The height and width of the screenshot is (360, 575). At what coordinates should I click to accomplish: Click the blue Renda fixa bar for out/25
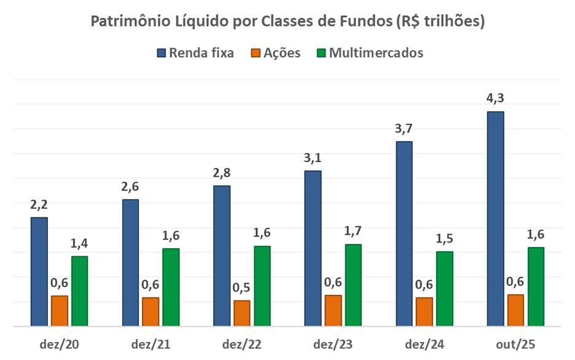coord(495,219)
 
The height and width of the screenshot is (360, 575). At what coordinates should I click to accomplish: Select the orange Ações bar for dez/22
coord(242,313)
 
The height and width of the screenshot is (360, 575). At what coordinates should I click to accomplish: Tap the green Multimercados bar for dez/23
coord(353,285)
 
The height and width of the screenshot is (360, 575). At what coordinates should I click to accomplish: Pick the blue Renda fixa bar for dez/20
coord(39,272)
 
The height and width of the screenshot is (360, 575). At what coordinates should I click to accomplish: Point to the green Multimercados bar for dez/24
coord(444,289)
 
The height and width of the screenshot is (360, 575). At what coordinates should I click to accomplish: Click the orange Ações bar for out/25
coord(515,310)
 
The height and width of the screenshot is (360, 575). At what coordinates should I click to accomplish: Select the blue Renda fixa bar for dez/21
coord(130,263)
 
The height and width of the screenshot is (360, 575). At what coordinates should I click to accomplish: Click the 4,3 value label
coord(495,98)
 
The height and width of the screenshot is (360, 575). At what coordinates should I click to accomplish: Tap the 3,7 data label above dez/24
coord(404,128)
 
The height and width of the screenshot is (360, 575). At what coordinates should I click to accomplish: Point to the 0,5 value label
coord(242,288)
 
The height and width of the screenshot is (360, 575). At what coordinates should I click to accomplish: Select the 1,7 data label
coord(353,231)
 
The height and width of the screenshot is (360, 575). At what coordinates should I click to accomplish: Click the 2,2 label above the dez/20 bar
coord(39,204)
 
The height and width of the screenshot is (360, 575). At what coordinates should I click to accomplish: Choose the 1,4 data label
coord(80,243)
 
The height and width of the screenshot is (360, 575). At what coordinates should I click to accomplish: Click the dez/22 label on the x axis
coord(242,344)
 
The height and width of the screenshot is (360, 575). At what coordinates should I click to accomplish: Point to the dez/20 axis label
coord(60,344)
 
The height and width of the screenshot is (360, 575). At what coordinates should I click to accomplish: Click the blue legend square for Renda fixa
coord(162,53)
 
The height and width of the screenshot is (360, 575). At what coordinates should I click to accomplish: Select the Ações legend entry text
coord(282,53)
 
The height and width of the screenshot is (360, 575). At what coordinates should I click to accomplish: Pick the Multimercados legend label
coord(376,53)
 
